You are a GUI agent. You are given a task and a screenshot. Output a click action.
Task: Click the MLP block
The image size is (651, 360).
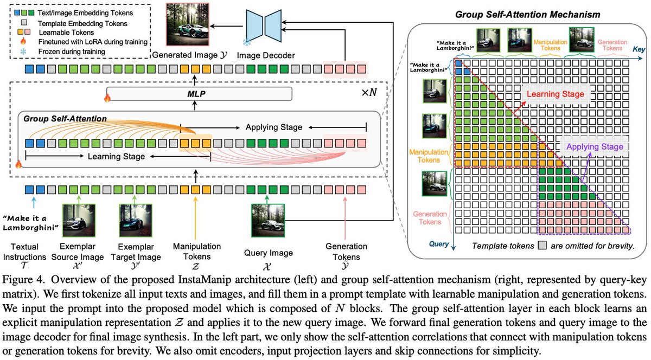pos(200,94)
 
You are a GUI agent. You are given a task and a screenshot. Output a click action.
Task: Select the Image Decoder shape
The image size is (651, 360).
pos(264,26)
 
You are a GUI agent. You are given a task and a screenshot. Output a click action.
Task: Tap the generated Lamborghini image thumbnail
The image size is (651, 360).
pos(188,24)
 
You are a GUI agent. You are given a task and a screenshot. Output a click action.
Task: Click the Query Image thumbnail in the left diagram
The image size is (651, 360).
pos(268,221)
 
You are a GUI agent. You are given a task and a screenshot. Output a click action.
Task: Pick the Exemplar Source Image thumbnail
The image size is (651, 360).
pos(79,221)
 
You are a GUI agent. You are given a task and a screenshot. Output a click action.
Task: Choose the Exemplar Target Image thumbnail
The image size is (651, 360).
pos(136,221)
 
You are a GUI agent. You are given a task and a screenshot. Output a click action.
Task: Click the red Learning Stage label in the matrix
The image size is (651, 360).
pos(556,94)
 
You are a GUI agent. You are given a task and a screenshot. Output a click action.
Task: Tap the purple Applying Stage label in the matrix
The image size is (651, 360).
pos(595,147)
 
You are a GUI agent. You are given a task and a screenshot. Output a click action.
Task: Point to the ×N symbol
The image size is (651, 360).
pos(369,93)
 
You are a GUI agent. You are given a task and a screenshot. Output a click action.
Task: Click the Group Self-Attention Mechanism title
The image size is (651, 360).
pos(527,14)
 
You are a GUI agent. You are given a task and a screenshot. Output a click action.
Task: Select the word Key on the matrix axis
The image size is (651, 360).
pos(639,49)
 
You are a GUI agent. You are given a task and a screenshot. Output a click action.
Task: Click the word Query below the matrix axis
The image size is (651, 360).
pos(439,244)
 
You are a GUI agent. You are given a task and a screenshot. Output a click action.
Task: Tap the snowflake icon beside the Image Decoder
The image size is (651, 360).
pos(247,43)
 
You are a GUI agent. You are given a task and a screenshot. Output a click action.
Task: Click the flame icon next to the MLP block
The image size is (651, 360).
pos(107,98)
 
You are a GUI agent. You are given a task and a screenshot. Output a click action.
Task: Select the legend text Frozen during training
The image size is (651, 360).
pos(72,52)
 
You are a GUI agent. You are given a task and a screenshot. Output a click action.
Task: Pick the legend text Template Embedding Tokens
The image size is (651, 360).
pos(82,23)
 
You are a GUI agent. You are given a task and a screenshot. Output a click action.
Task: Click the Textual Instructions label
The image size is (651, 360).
pos(25,252)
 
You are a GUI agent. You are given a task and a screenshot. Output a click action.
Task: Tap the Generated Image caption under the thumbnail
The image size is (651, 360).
pos(189,55)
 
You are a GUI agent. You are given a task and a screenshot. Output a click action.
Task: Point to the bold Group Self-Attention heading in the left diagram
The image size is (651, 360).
pos(65,119)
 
